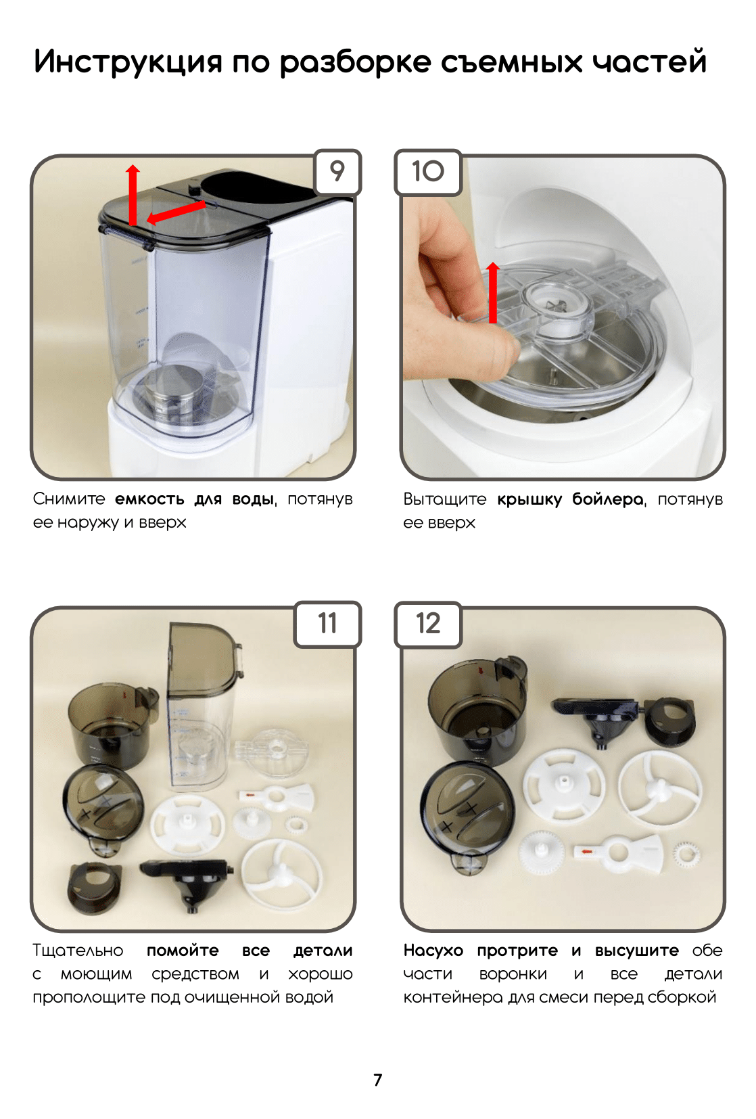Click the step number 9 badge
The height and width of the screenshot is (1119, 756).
tap(337, 171)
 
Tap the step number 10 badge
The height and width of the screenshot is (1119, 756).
tap(427, 171)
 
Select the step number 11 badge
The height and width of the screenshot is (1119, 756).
tap(327, 624)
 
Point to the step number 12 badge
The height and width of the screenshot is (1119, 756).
tap(428, 624)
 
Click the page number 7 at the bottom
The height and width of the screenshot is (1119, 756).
tap(377, 1080)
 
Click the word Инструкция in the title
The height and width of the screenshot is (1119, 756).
tap(128, 62)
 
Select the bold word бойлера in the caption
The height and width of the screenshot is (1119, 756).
tap(609, 499)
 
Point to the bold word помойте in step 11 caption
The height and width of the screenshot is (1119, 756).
tap(183, 950)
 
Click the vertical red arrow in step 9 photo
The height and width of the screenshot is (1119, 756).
tap(133, 196)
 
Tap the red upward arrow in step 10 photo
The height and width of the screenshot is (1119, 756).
tap(493, 292)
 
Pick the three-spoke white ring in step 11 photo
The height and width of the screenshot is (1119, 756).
tap(281, 873)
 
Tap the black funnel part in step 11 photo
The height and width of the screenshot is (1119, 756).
tap(188, 884)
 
